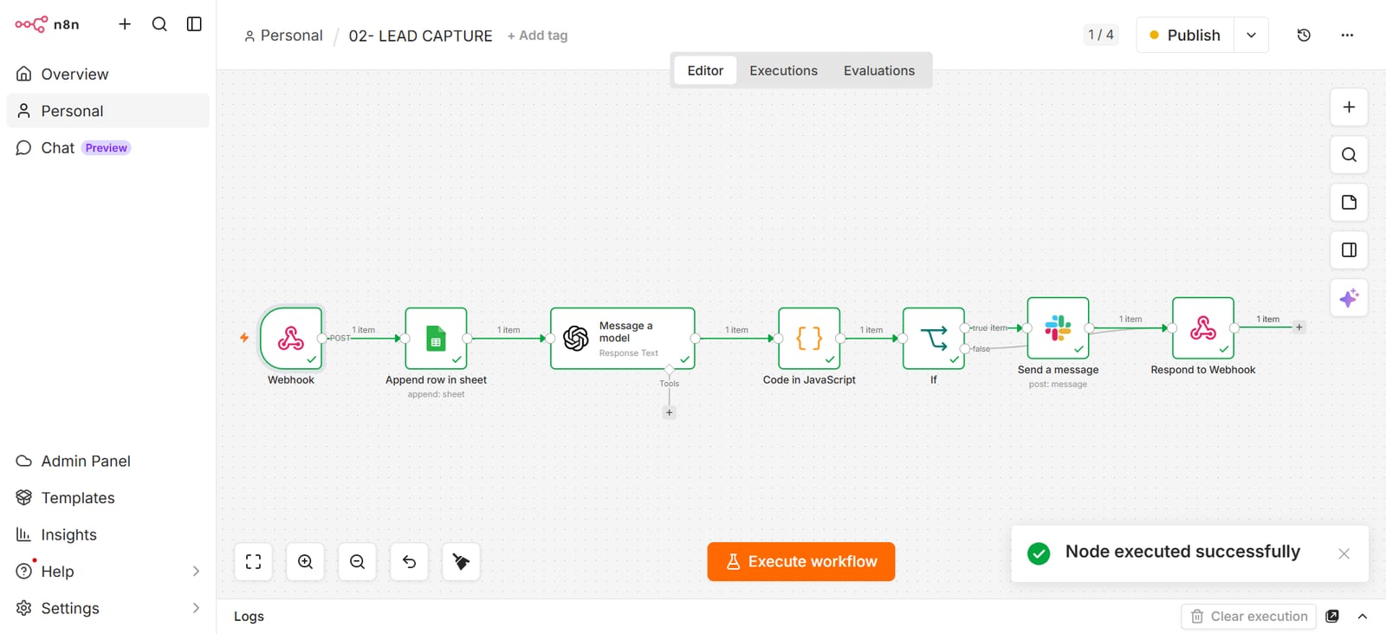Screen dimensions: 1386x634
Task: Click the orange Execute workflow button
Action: [800, 561]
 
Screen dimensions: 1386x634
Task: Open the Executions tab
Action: [783, 70]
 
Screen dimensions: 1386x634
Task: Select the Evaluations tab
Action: [878, 70]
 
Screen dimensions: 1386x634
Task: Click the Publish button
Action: [1185, 36]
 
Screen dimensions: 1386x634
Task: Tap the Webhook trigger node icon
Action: [291, 339]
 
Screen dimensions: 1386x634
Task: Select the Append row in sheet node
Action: [437, 339]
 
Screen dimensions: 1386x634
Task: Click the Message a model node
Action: [623, 339]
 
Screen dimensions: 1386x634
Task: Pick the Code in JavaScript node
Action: [809, 339]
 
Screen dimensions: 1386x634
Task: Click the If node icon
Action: [934, 339]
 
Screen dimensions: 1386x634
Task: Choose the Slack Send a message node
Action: [1058, 327]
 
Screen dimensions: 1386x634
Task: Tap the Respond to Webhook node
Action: [1203, 327]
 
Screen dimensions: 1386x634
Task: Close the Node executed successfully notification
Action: [1344, 553]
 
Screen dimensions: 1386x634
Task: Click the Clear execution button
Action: [1249, 616]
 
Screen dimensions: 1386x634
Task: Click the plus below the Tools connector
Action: [669, 412]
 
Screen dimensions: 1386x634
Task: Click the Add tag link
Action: [537, 36]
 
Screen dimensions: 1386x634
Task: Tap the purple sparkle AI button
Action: [1349, 298]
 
